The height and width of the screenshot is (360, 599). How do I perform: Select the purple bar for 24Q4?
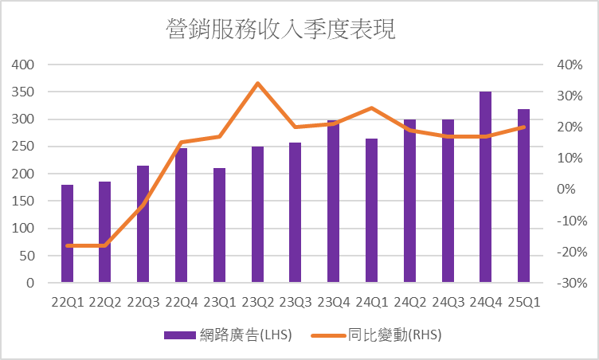coord(485,187)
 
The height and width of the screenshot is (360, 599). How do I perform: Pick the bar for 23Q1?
coord(219,225)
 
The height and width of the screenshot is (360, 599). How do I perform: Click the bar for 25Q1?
coord(523,196)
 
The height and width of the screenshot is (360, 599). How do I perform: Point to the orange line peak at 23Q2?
coord(257,83)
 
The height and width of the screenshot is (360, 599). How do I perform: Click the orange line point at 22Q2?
coord(105,245)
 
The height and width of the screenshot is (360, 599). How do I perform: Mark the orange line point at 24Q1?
coord(371,108)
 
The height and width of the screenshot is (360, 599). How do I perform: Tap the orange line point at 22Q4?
coord(182,143)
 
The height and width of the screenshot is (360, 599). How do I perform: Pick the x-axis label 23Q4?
coord(333,303)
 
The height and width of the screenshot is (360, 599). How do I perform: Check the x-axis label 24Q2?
coord(409,303)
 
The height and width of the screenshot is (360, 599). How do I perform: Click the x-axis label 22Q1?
coord(67,303)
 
